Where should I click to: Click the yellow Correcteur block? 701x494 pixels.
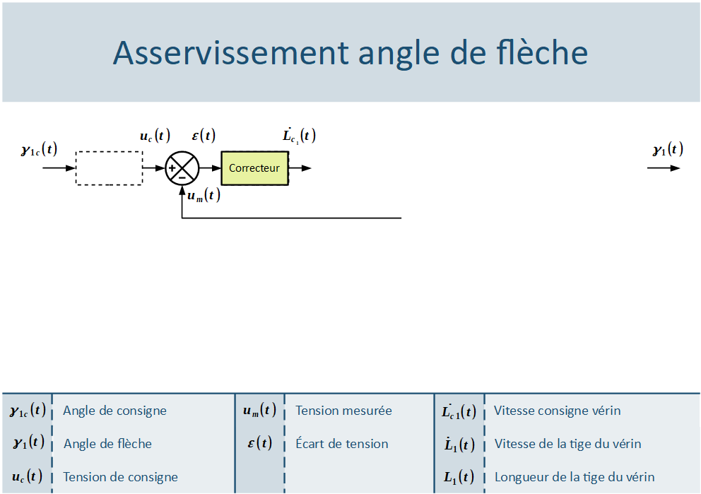click(255, 168)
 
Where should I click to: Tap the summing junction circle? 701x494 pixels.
click(182, 168)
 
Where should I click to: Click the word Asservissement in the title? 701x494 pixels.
click(230, 53)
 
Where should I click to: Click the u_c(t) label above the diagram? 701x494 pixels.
click(155, 136)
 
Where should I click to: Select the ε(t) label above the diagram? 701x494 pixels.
click(204, 135)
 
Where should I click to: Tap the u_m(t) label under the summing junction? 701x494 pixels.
click(204, 195)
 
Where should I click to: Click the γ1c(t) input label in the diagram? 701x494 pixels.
click(40, 149)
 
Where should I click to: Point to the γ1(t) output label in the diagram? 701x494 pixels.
click(668, 149)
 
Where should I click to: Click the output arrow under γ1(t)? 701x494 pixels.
click(664, 168)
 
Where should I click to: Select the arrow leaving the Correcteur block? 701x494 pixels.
click(300, 168)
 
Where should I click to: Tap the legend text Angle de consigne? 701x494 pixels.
click(115, 411)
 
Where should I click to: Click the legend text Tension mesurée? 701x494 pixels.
click(344, 411)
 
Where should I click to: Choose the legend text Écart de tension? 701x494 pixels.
click(342, 444)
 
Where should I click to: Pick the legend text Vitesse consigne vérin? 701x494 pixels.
click(558, 411)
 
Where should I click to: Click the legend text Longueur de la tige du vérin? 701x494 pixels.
click(575, 477)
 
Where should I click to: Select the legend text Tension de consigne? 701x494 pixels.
click(120, 477)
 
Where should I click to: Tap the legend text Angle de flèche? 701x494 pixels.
click(107, 444)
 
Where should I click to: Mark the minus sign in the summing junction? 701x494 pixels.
click(182, 177)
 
